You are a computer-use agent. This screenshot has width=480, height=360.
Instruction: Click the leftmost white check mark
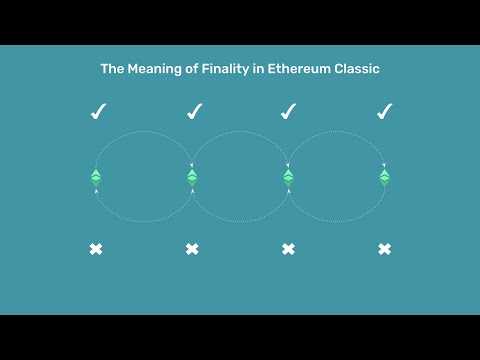tap(97, 111)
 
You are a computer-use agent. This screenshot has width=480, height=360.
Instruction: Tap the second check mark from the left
tap(193, 111)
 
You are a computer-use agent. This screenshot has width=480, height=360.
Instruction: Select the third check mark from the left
tap(288, 111)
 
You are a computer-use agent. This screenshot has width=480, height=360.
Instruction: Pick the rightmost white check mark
tap(384, 111)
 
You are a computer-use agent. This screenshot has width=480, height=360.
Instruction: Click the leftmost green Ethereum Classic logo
tap(96, 177)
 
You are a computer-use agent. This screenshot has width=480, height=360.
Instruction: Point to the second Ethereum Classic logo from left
tap(192, 177)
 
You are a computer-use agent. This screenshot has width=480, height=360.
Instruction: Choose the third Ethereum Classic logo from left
tap(288, 177)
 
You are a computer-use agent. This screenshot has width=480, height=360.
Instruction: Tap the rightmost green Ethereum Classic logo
tap(384, 177)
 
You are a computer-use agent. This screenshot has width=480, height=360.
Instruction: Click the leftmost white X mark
tap(96, 248)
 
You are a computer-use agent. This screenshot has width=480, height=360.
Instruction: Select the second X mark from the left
tap(192, 248)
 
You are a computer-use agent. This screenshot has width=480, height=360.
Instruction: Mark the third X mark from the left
tap(288, 248)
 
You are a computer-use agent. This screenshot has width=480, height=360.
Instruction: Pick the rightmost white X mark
tap(384, 248)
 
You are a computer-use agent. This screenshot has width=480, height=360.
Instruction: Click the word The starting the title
tap(112, 69)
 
